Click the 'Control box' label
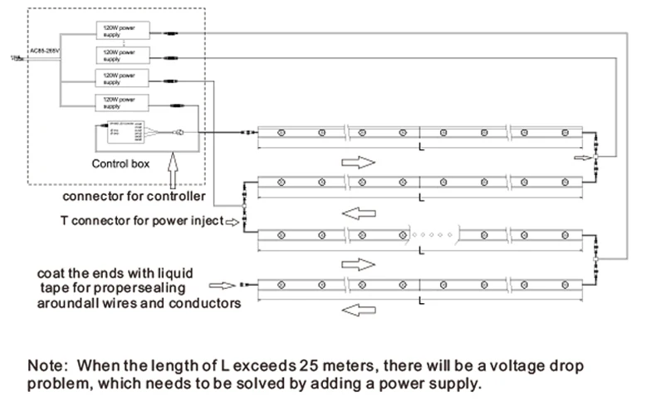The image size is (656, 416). click(x=120, y=164)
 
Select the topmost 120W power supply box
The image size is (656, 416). click(x=122, y=32)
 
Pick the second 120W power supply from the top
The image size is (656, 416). click(x=122, y=55)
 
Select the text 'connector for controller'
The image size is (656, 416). click(x=133, y=197)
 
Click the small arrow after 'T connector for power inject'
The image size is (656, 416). click(x=233, y=223)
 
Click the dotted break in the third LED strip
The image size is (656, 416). click(x=432, y=234)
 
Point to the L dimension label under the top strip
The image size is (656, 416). click(x=421, y=147)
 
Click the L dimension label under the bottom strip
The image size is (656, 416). click(x=421, y=297)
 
